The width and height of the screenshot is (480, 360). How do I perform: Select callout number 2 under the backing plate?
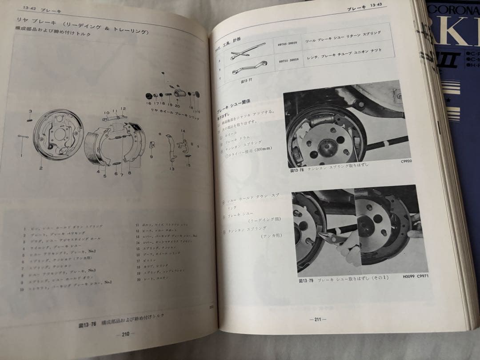tap(40, 168)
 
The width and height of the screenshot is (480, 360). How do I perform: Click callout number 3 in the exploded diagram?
tap(30, 111)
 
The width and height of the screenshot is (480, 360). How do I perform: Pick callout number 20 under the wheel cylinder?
tap(177, 106)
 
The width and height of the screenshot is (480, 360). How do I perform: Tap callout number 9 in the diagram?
tap(151, 156)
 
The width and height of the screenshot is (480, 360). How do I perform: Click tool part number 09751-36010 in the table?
tap(288, 60)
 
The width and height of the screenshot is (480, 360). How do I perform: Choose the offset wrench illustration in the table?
tap(247, 68)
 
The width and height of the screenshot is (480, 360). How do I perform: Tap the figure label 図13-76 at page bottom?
tap(84, 324)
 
